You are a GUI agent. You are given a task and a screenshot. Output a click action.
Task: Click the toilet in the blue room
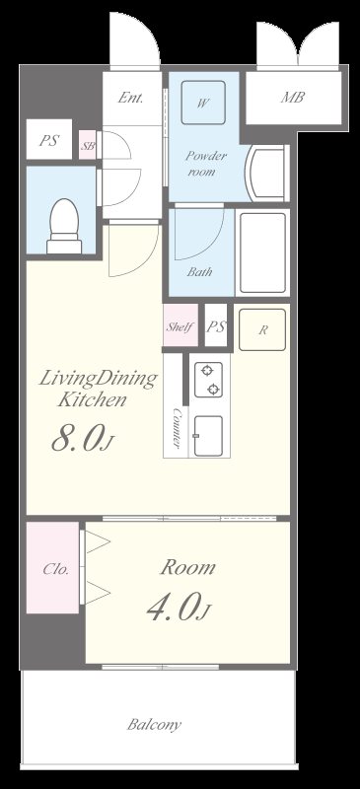64,226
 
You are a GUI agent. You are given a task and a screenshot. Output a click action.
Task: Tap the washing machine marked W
203,103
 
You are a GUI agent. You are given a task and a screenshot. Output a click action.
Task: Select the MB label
293,97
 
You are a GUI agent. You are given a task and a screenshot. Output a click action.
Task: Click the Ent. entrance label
130,97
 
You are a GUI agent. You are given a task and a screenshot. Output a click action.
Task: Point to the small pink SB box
88,145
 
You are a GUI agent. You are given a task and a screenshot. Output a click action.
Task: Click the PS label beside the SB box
49,140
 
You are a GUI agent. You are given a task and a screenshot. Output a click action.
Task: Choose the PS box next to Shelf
216,325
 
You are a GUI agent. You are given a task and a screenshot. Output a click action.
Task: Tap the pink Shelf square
180,325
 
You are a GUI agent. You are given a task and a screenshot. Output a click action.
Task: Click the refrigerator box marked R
262,329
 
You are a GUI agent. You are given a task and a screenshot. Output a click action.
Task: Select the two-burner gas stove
208,380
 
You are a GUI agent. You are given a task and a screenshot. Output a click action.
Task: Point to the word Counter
177,427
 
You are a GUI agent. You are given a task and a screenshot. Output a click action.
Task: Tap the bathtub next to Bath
262,252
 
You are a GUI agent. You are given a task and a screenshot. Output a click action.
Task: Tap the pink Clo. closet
53,568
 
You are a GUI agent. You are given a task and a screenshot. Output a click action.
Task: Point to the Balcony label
154,725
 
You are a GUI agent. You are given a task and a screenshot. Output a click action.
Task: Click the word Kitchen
91,400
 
